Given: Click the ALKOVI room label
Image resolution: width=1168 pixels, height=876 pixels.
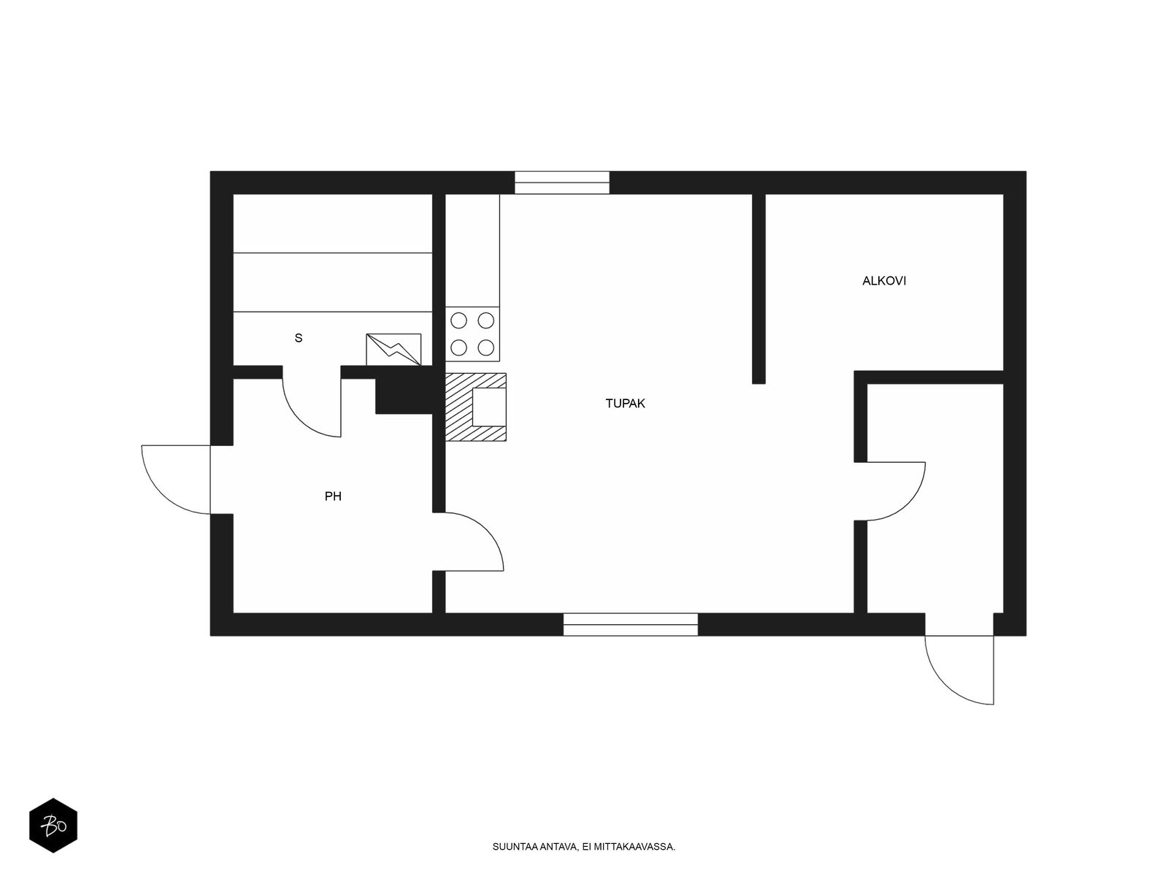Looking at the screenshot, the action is pos(884,281).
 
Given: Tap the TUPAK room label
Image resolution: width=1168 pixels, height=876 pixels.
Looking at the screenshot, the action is pos(625,404).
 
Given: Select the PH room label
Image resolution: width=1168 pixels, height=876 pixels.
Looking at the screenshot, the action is pos(333,496).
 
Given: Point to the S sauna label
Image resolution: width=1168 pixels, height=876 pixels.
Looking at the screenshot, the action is pos(299,338).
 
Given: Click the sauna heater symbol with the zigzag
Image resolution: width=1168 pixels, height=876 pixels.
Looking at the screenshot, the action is pos(393,350).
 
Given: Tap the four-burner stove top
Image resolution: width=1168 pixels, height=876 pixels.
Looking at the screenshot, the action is pos(472,334).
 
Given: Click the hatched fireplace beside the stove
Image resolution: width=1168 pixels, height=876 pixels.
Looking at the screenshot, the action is pos(476,407).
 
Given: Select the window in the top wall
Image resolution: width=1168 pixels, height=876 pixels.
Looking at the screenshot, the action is pos(562,182).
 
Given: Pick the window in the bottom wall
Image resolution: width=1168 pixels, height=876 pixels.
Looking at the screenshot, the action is pos(631,624).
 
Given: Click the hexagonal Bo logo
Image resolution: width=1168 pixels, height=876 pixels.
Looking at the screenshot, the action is pos(53,826).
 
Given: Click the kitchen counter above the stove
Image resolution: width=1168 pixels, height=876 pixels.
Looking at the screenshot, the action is pos(472,250).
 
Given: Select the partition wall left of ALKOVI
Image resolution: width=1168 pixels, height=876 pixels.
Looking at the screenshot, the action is pos(758,289).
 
